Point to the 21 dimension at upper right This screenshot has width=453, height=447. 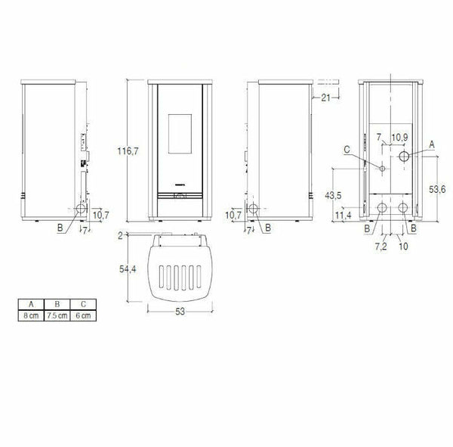coord(325,97)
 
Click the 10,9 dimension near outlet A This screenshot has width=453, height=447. coord(400,137)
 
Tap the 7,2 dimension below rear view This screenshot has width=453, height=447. coord(381,247)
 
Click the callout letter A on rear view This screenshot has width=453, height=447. coord(431,143)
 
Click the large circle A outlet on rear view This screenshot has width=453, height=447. coord(405,157)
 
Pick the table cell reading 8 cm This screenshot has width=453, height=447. coord(30,315)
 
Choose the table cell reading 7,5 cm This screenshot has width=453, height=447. coord(57,315)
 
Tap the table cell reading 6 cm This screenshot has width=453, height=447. coord(82,315)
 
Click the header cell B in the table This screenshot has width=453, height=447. coord(57,305)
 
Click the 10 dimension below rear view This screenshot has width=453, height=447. coord(404,247)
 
